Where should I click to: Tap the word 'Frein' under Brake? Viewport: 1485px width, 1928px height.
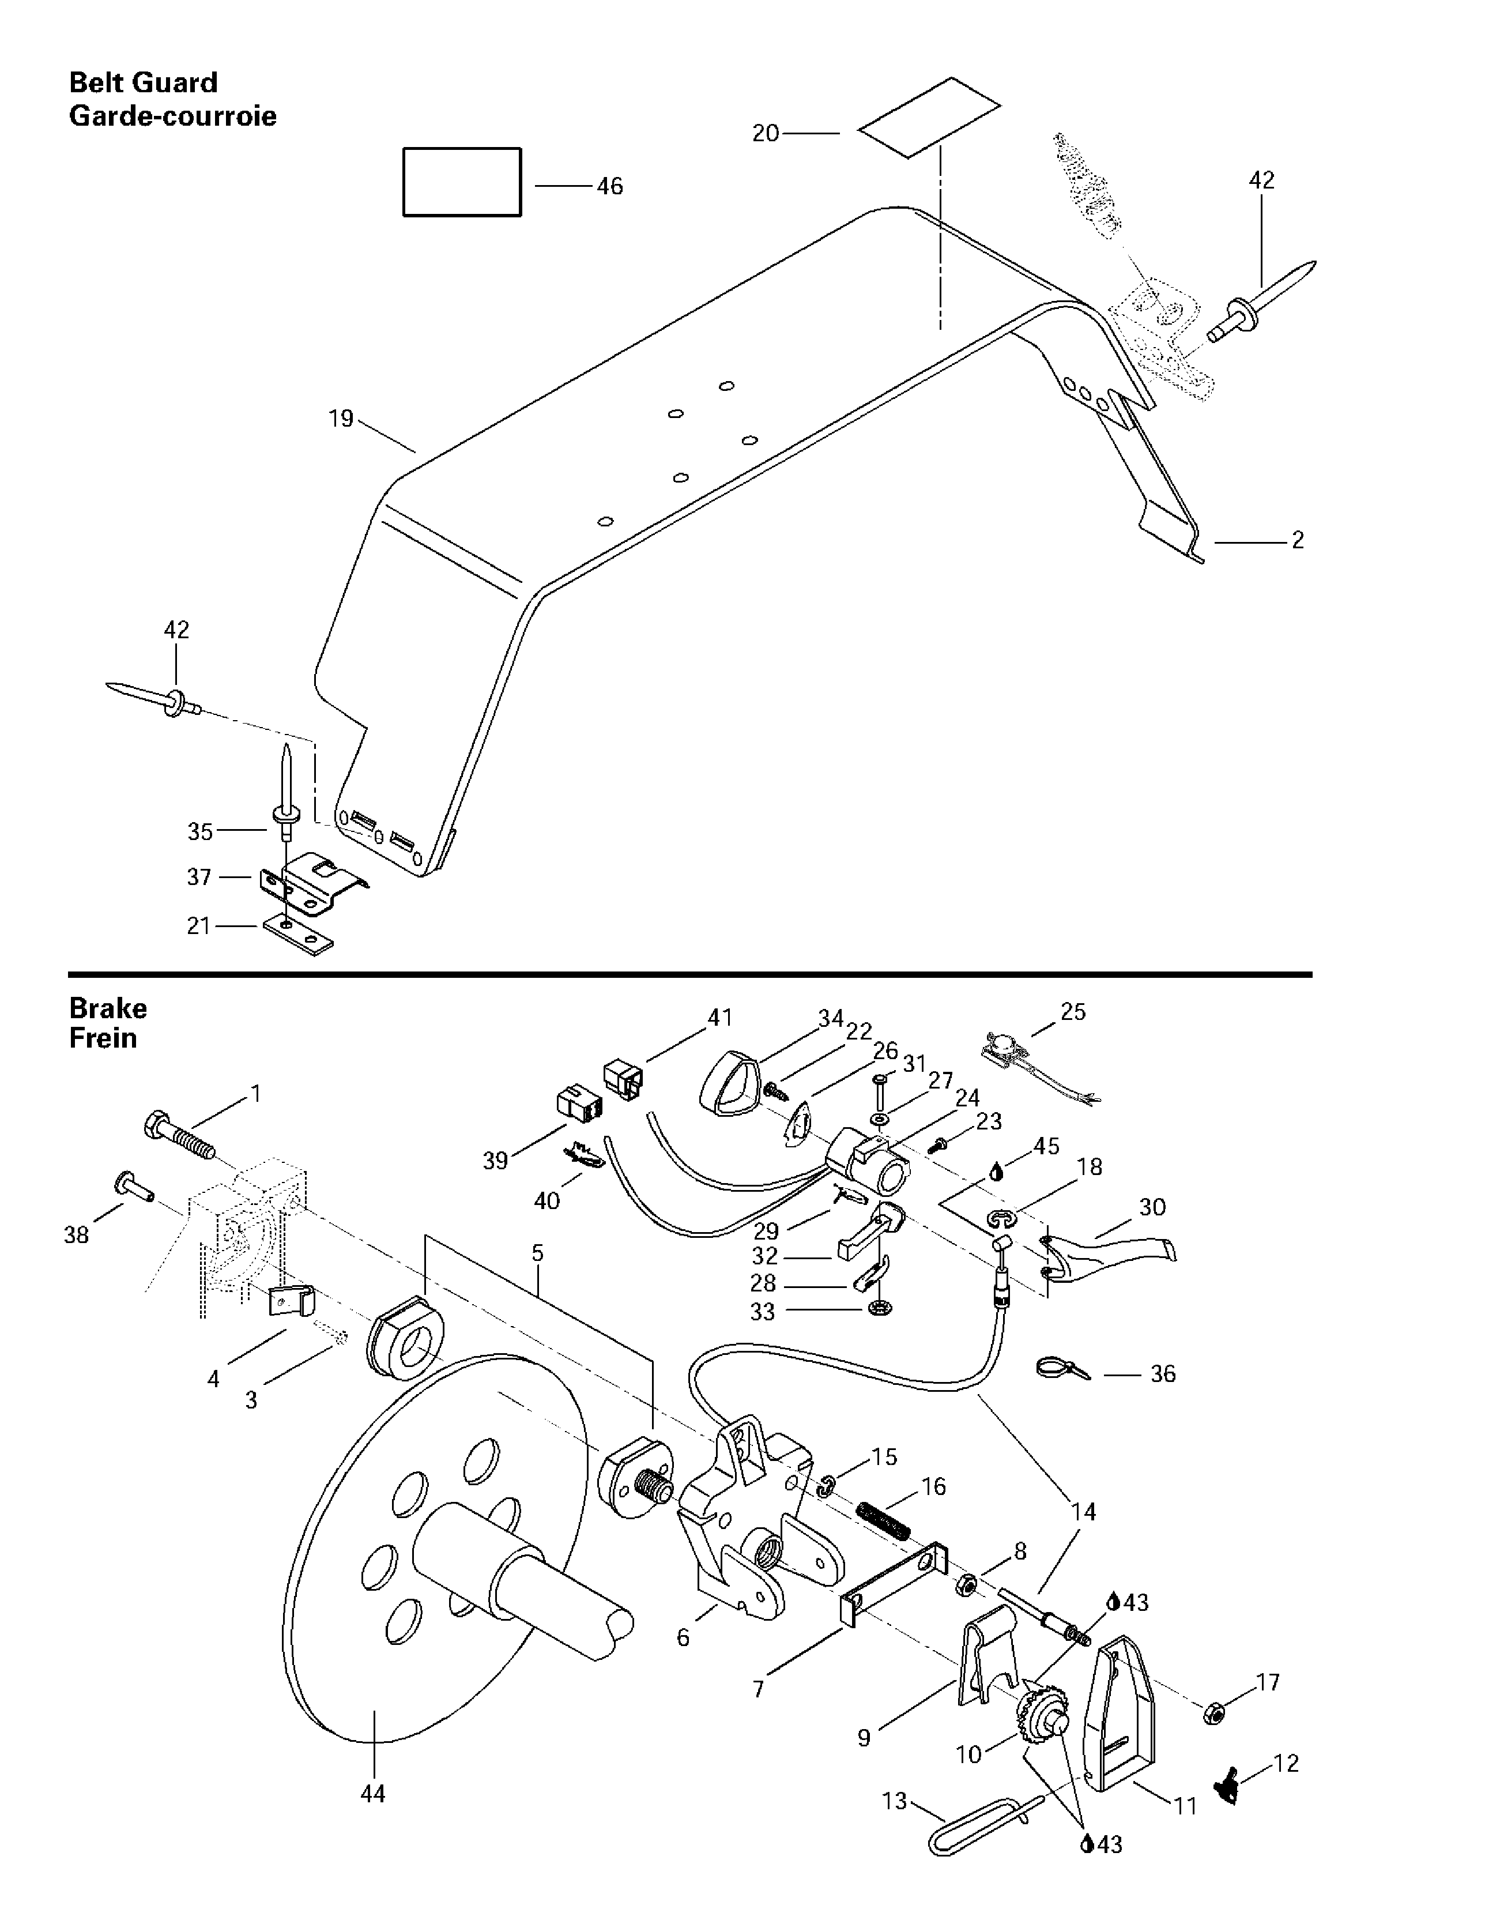coord(103,1038)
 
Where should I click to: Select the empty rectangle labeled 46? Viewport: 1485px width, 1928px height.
coord(462,182)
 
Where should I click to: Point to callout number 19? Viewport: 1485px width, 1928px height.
coord(341,419)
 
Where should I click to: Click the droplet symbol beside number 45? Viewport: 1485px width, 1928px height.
coord(997,1172)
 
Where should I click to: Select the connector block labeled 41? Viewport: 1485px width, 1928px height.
coord(623,1079)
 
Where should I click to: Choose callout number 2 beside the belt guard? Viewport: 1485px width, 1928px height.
coord(1297,540)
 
